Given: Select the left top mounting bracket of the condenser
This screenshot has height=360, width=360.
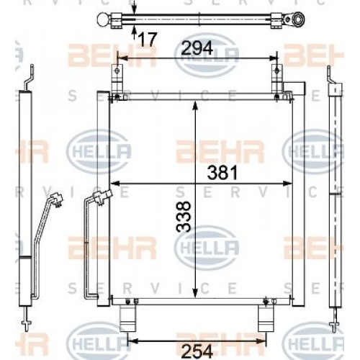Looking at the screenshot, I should pos(114,80).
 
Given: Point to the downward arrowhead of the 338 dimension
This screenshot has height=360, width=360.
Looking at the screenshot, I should pos(195,292).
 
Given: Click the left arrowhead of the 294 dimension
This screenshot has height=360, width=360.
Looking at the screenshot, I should pos(120,58).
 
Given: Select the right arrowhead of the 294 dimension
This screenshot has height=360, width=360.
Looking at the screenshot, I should pos(273,58).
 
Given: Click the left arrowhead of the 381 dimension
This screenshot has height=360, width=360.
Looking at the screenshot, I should pos(113,181).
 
